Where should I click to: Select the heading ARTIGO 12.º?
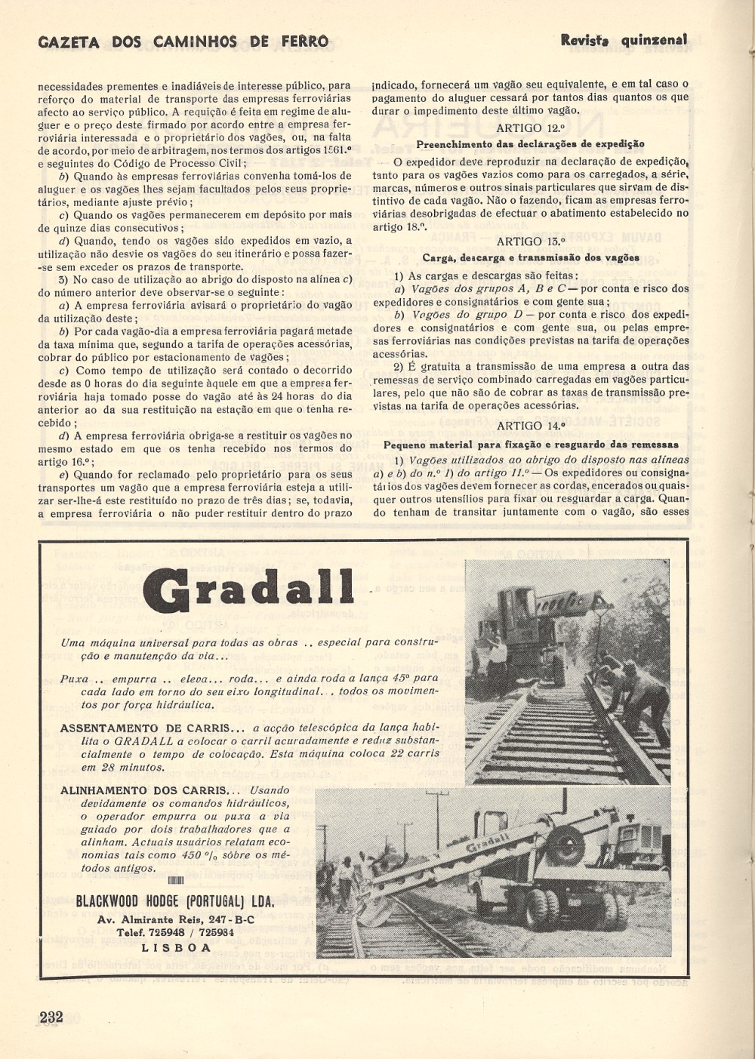point(531,128)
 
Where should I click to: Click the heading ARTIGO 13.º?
point(531,242)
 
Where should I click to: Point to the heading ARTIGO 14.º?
point(531,426)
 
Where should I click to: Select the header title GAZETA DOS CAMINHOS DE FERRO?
point(183,42)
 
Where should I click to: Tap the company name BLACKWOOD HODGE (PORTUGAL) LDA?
point(175,901)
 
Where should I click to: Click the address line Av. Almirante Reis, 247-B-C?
point(176,919)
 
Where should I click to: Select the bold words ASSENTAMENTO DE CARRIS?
point(151,728)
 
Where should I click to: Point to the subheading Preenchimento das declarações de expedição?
point(531,143)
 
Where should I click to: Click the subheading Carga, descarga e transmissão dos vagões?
point(531,257)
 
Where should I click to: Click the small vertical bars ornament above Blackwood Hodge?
point(175,881)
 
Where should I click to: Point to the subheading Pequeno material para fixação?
point(531,444)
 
